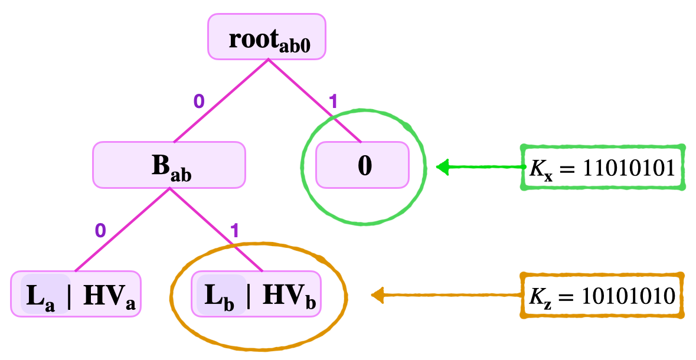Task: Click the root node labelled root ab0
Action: click(x=267, y=36)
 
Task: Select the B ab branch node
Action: click(x=169, y=165)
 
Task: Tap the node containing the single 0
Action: click(x=362, y=165)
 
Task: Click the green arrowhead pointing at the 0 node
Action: click(x=443, y=167)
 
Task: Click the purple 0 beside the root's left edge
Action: click(x=199, y=102)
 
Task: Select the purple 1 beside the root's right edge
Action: click(x=334, y=102)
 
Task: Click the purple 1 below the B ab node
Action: click(x=234, y=231)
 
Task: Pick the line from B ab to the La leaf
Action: click(x=122, y=230)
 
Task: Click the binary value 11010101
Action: click(x=629, y=168)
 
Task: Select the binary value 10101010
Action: click(x=629, y=295)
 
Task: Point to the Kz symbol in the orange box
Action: click(x=540, y=296)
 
